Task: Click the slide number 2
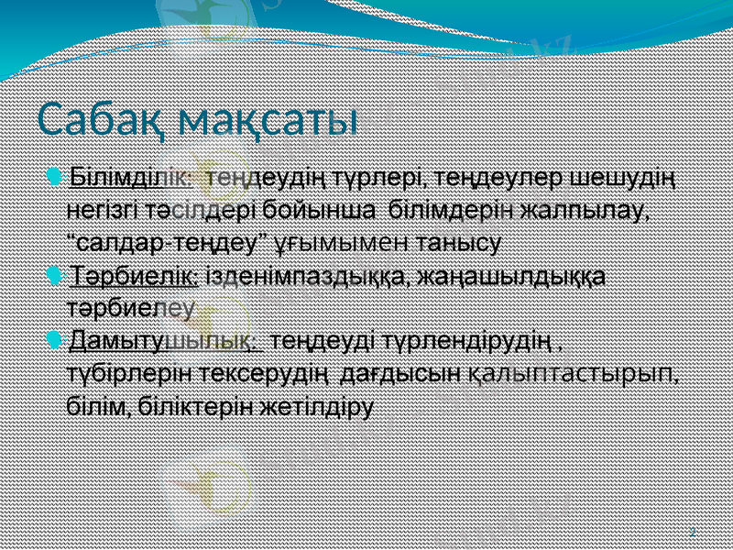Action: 691,531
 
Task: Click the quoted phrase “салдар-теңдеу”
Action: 167,243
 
